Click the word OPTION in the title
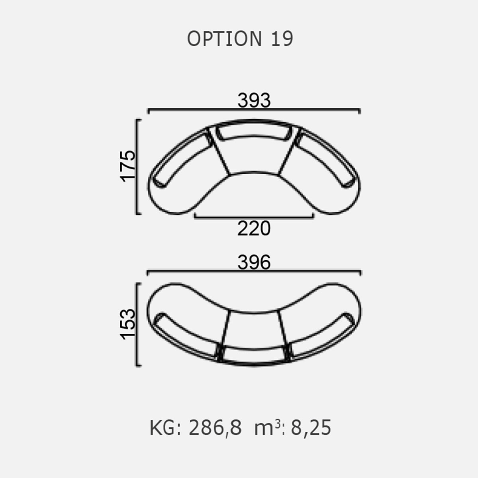point(224,39)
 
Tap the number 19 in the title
point(282,39)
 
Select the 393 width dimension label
point(254,100)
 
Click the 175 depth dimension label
point(128,166)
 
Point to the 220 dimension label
point(254,229)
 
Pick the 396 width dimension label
point(254,262)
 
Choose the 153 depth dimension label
point(128,324)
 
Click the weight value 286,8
point(215,428)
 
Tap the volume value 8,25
point(311,428)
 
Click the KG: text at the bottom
point(165,428)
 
